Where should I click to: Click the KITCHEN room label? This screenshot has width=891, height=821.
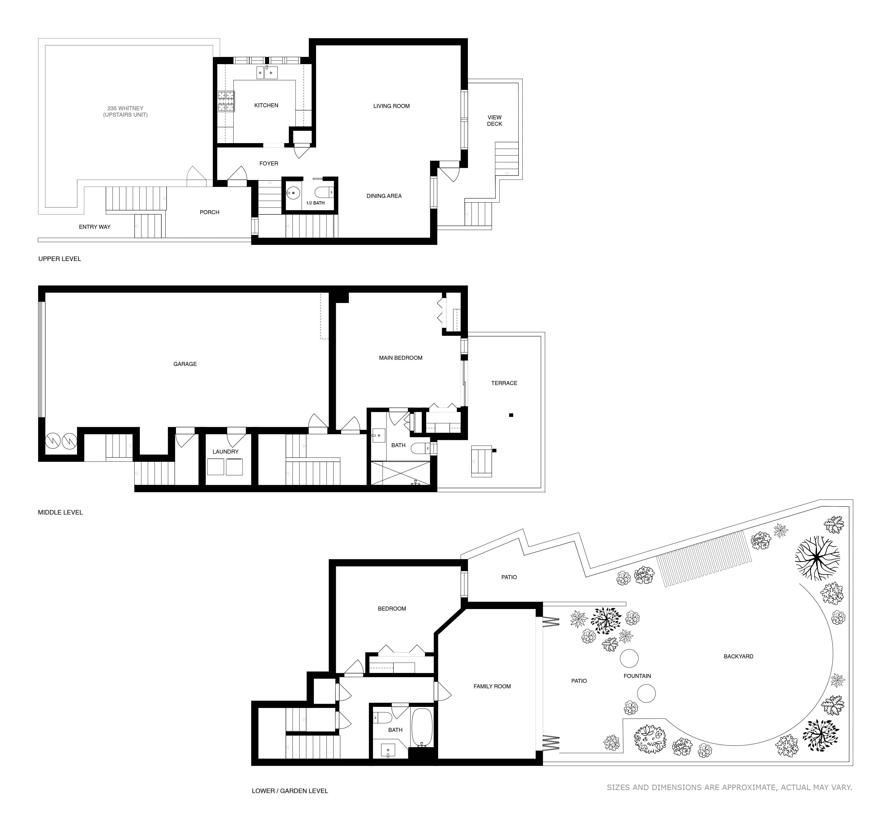point(266,105)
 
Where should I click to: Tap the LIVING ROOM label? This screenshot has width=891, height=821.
point(391,106)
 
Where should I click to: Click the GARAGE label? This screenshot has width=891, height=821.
point(185,364)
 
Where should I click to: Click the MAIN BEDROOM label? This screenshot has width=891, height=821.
point(400,358)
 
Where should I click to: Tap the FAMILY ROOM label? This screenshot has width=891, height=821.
point(492,686)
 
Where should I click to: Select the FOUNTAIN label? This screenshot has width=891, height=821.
point(637,676)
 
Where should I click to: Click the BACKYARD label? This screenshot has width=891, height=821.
point(738,656)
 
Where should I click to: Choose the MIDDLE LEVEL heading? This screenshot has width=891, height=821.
point(60,512)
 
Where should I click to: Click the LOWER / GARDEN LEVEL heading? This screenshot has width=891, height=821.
point(290,791)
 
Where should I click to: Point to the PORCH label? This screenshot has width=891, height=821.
point(209,212)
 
